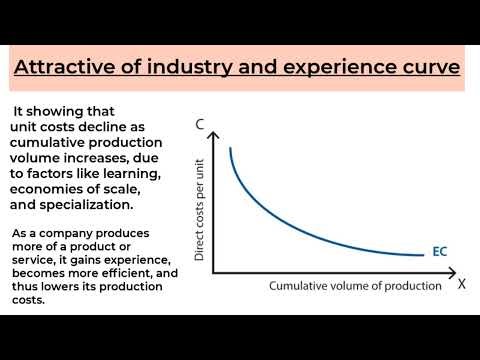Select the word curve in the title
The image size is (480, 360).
(x=419, y=68)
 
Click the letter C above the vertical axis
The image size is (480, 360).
(x=200, y=125)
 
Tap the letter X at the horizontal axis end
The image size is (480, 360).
(x=462, y=284)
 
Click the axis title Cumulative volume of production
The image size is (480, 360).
(x=355, y=286)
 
